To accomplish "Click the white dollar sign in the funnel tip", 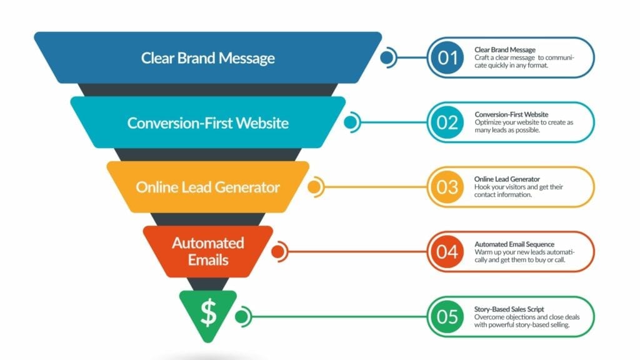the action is [209, 312].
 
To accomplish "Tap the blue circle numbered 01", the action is [447, 57].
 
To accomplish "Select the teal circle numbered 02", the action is [447, 122].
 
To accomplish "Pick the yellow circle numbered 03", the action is [447, 187].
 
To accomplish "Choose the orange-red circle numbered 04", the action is [447, 252].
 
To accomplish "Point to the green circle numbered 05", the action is [447, 317].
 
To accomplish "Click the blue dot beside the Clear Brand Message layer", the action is [386, 57].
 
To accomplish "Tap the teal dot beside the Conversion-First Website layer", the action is [350, 122].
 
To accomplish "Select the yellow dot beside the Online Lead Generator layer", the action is [314, 187].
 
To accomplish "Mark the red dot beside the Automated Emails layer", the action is [278, 252].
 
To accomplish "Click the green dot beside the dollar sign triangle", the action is [241, 317].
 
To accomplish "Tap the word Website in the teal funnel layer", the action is [262, 123].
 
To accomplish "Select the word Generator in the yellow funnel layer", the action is [247, 187].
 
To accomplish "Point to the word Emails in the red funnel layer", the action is [208, 260].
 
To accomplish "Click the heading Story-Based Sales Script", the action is [509, 309].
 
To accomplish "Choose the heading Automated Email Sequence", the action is [514, 244].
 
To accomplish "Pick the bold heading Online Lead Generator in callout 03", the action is [507, 179].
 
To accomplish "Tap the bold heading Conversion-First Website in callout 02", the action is [511, 115].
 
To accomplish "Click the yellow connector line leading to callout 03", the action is [376, 187].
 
